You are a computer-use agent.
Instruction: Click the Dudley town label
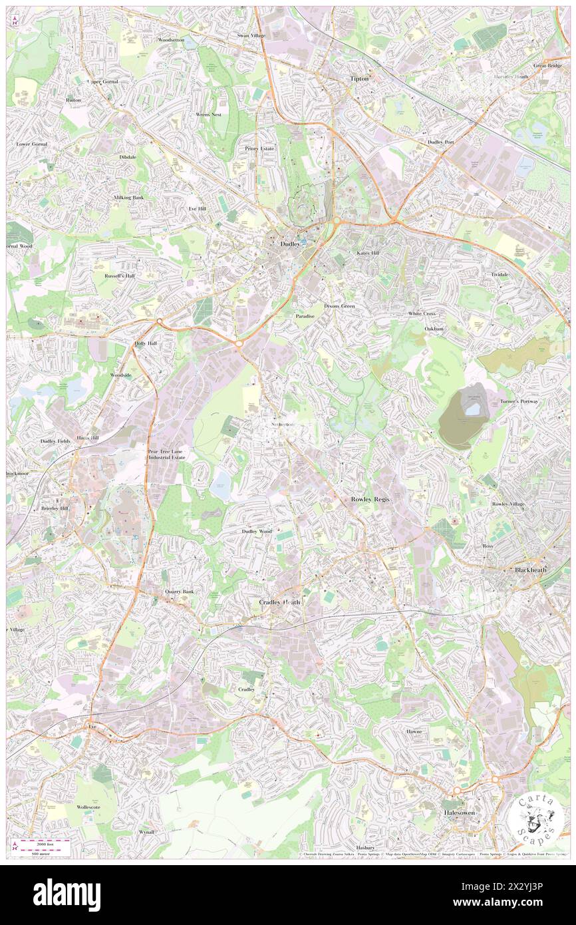point(290,244)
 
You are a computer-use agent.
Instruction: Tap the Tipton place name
point(359,79)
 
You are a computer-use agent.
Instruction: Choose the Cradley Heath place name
point(279,602)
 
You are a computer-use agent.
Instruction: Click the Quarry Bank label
point(180,592)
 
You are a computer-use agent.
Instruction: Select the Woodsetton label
point(171,40)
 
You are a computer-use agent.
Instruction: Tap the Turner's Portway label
point(520,402)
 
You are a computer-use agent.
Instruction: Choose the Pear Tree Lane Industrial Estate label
point(168,455)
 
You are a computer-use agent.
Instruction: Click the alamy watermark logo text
point(67,894)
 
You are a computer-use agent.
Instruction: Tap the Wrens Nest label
point(208,114)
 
